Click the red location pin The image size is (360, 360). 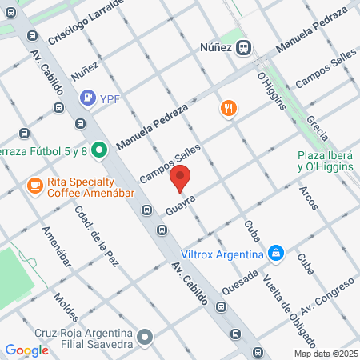coord(182,180)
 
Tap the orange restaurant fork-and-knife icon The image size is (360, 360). coord(229,108)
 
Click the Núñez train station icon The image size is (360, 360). coord(245,47)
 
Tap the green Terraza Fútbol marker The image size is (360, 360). coord(99,150)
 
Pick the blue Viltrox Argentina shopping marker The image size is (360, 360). coord(276,254)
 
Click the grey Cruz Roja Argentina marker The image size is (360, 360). coord(145,337)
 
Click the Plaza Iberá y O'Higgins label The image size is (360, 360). coord(326,162)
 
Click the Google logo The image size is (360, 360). coord(26,350)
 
